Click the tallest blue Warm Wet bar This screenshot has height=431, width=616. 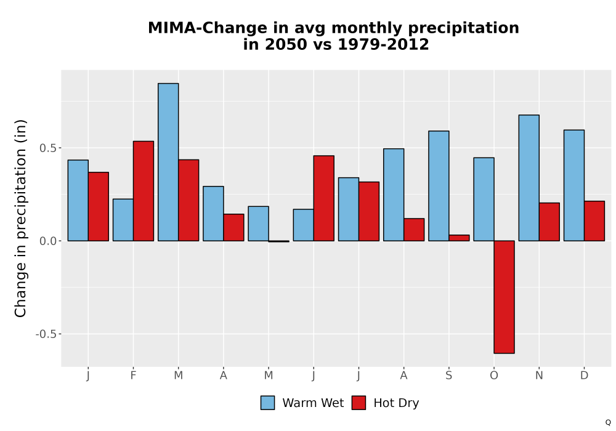click(168, 162)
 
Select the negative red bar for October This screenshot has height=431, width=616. click(504, 297)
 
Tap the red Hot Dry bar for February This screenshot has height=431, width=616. click(144, 191)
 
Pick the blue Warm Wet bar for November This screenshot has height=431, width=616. click(529, 178)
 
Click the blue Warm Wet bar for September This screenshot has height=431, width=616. click(439, 186)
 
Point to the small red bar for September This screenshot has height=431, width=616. click(460, 238)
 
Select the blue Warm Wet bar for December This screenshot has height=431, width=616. click(574, 185)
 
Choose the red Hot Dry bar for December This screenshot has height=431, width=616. click(594, 221)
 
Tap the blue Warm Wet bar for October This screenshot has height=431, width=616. click(484, 199)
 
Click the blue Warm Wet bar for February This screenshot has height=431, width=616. click(123, 220)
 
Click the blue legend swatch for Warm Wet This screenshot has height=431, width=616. click(267, 403)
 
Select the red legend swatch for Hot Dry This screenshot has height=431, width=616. click(359, 403)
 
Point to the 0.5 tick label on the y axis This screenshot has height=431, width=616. click(48, 148)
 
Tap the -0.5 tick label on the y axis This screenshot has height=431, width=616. click(46, 334)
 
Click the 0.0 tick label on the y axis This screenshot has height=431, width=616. click(48, 241)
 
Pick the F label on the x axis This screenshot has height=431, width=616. click(133, 376)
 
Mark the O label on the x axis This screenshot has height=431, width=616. click(494, 376)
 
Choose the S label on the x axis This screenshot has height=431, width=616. click(448, 376)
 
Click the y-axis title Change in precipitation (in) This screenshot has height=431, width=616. click(20, 218)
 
